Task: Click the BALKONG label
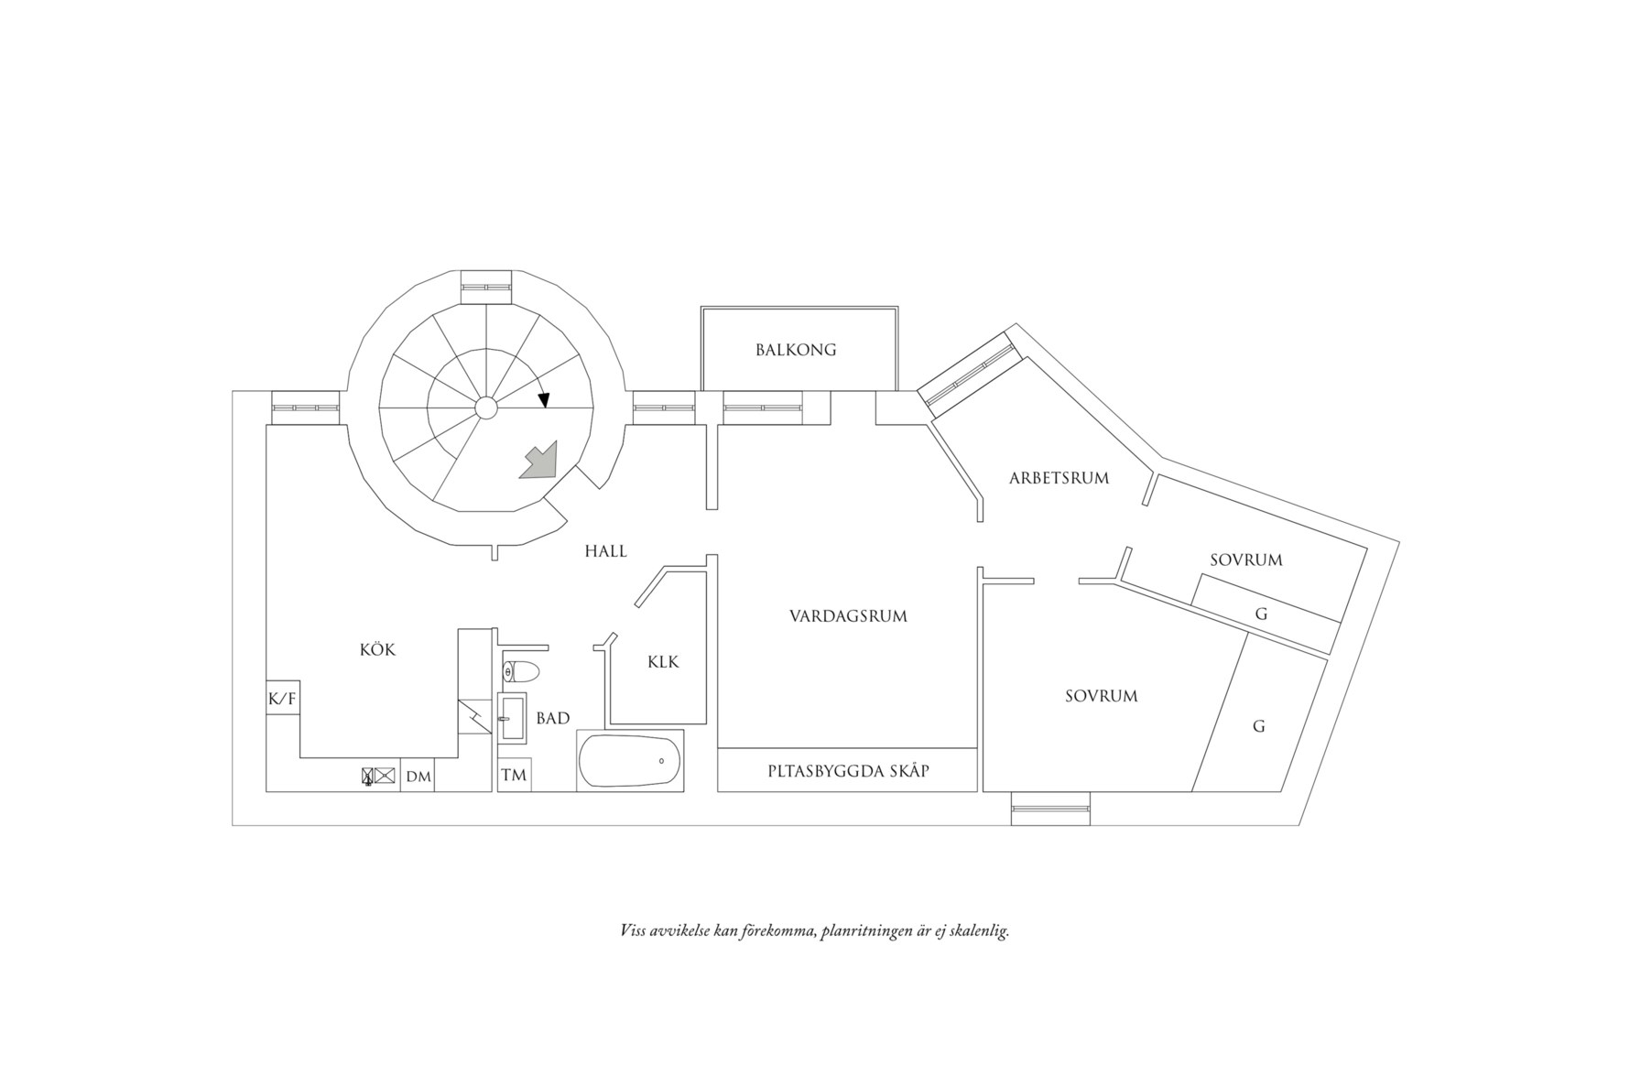pyautogui.click(x=795, y=350)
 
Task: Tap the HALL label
pyautogui.click(x=605, y=550)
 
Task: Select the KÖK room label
pyautogui.click(x=377, y=650)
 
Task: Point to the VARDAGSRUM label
pyautogui.click(x=848, y=616)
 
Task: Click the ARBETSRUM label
pyautogui.click(x=1059, y=478)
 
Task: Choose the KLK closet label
pyautogui.click(x=663, y=661)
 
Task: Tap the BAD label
pyautogui.click(x=553, y=718)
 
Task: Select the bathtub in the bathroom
pyautogui.click(x=630, y=760)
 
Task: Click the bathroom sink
pyautogui.click(x=512, y=718)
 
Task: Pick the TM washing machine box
pyautogui.click(x=514, y=776)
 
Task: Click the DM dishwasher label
pyautogui.click(x=418, y=777)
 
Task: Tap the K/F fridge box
pyautogui.click(x=282, y=699)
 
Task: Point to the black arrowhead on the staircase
pyautogui.click(x=544, y=400)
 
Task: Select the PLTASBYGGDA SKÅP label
pyautogui.click(x=848, y=771)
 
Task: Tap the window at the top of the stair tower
pyautogui.click(x=485, y=287)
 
